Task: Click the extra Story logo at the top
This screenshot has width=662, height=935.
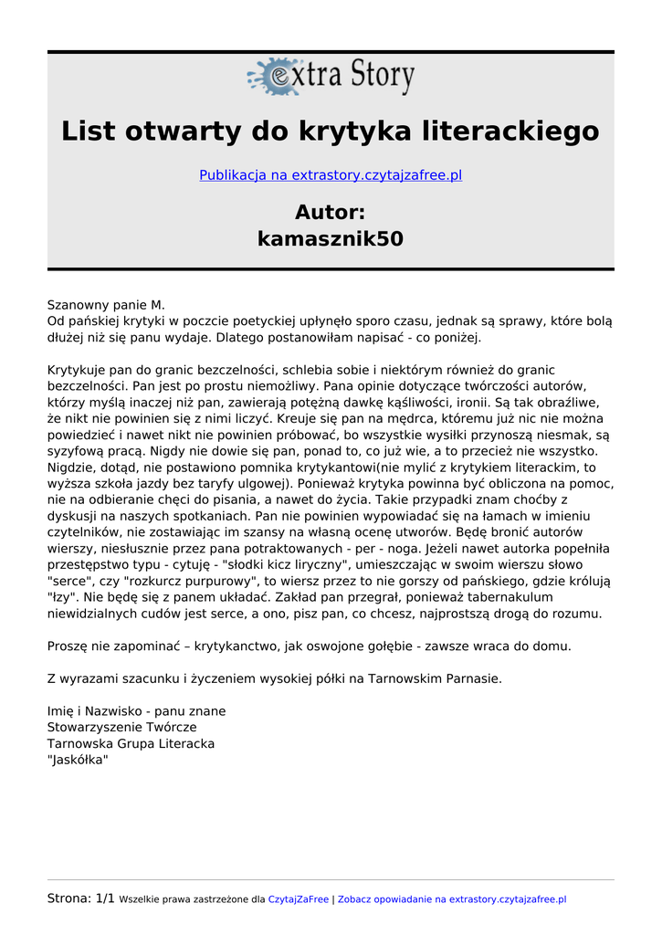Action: (x=331, y=77)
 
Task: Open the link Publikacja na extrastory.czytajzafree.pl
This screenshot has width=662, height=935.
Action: (x=331, y=175)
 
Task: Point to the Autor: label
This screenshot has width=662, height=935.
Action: (x=331, y=212)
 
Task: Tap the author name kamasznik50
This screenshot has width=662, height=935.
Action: (x=331, y=239)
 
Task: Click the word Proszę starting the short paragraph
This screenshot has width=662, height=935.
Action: (x=69, y=646)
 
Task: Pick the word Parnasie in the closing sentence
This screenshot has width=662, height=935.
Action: (x=473, y=678)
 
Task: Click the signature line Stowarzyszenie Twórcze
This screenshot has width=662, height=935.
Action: (x=121, y=728)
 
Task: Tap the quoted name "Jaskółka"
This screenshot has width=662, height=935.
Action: (x=78, y=760)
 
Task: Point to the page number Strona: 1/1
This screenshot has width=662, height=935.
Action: (x=81, y=898)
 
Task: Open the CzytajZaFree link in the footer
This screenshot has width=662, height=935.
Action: (x=298, y=899)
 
